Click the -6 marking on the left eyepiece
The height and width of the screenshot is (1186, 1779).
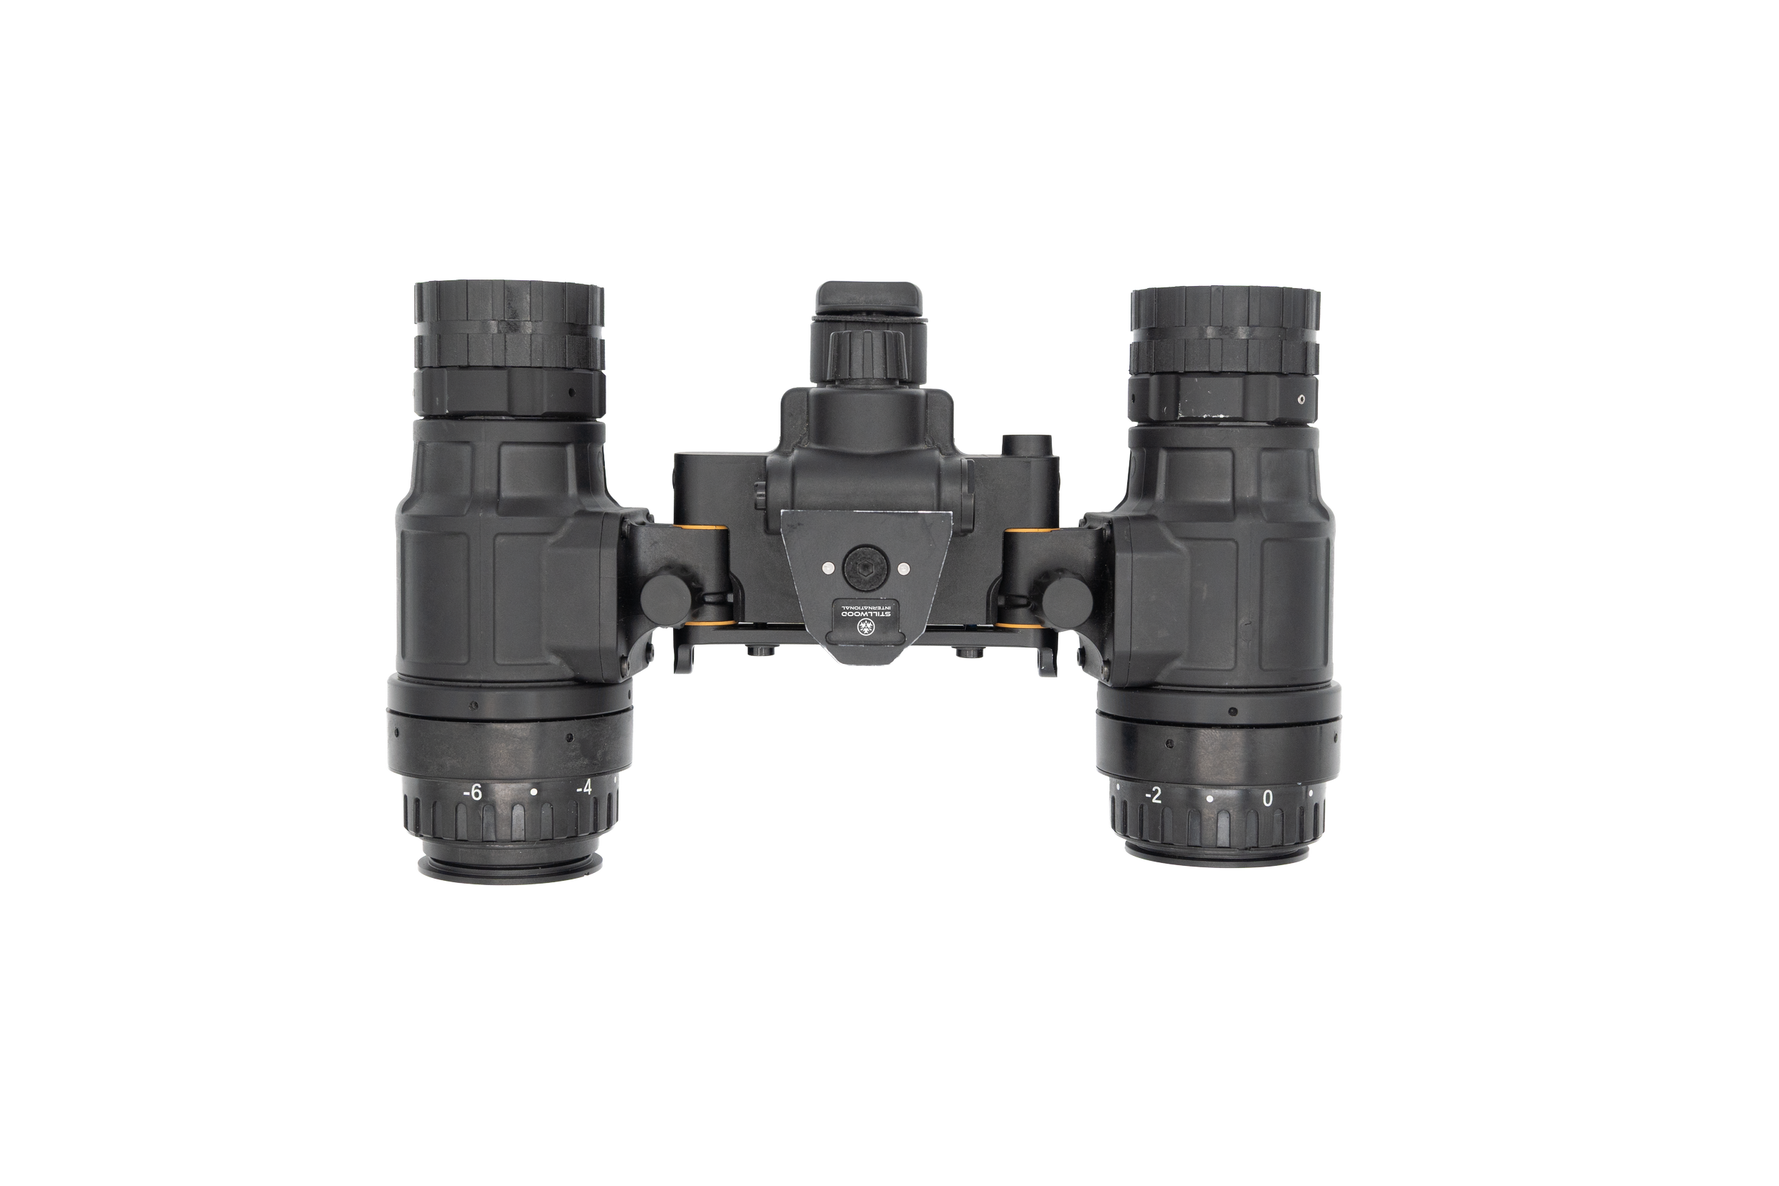471,792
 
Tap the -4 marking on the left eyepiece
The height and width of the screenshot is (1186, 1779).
584,788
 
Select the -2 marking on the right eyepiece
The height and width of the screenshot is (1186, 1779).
1153,795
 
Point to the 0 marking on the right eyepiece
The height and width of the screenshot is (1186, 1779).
1267,799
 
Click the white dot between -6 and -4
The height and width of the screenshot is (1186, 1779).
534,792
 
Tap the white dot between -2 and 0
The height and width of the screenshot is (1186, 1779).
1210,799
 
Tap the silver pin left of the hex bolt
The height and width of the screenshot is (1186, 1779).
829,566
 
